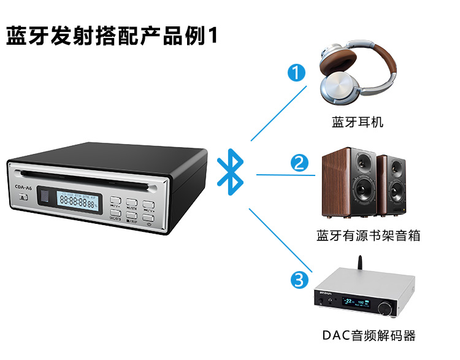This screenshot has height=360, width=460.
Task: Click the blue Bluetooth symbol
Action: (232, 172)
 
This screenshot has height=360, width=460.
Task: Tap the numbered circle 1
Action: (297, 74)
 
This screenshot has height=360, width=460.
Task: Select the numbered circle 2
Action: (299, 164)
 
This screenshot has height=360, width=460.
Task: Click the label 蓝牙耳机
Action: (358, 122)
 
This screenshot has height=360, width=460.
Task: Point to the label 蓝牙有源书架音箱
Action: (368, 235)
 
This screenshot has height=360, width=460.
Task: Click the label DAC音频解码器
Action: (369, 335)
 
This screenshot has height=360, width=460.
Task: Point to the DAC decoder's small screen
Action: (356, 302)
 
